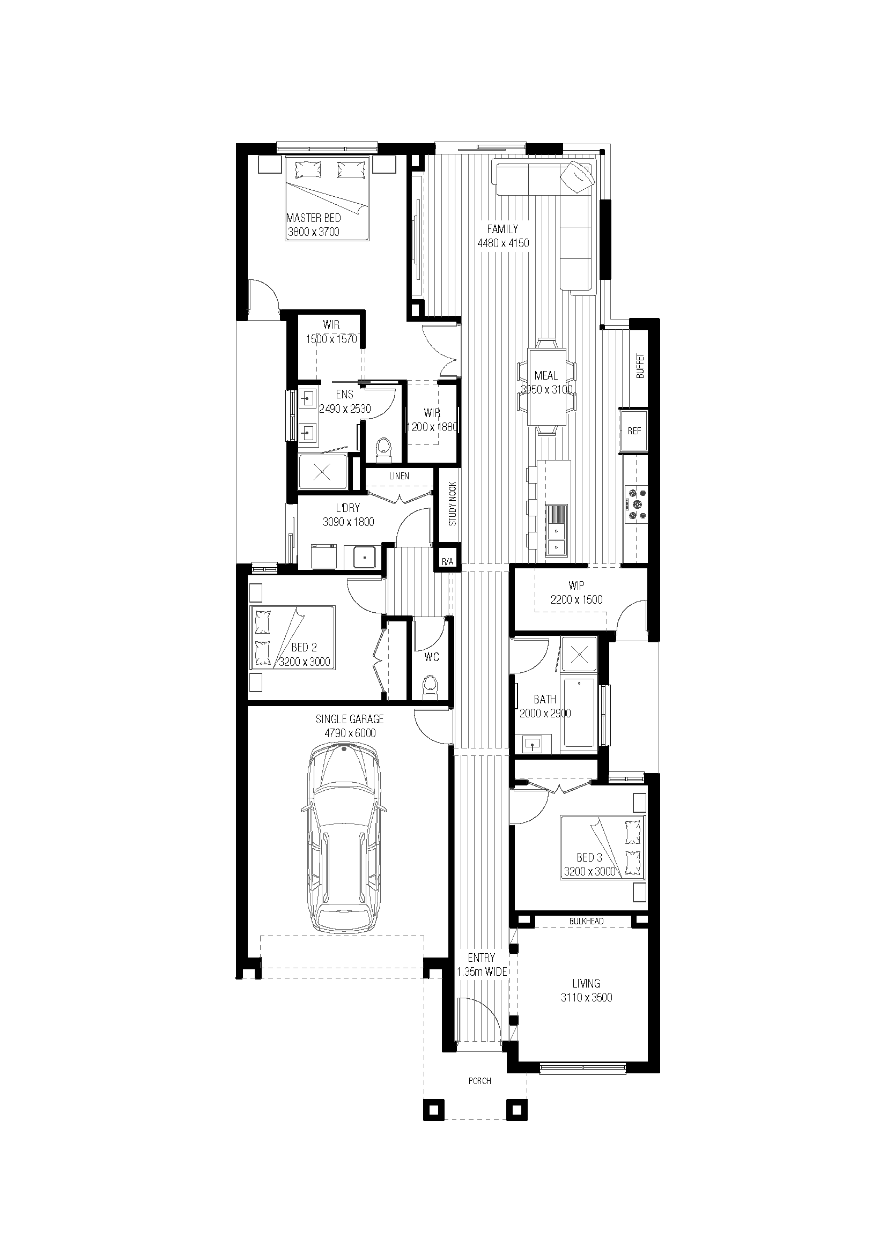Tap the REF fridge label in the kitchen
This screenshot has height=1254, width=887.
634,431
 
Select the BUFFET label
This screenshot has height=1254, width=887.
640,366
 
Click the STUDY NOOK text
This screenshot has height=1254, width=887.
452,503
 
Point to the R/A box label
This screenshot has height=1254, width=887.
447,561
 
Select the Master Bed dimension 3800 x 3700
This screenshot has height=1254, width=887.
314,232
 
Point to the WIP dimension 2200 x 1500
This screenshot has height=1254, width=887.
576,600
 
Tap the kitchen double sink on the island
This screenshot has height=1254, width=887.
557,537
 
